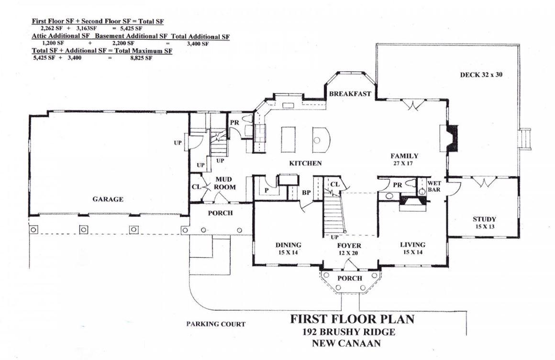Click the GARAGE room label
108,199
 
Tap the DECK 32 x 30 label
481,75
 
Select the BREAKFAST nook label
350,94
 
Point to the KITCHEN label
305,164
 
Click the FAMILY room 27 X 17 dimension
404,163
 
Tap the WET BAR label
434,186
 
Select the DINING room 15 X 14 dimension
288,252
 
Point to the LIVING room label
412,245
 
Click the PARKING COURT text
216,324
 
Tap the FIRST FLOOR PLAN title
352,319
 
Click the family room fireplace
450,139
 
